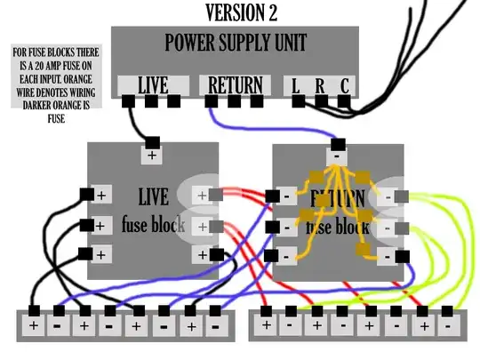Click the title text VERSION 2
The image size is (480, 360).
pos(240,12)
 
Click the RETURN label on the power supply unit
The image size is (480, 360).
pos(235,85)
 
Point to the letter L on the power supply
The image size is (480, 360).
pos(296,85)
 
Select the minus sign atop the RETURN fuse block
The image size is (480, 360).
pos(338,156)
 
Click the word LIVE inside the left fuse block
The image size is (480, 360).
pos(153,195)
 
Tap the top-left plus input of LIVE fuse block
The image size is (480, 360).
pos(101,195)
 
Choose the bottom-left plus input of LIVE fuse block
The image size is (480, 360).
pos(101,254)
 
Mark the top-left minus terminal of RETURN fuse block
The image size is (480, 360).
pos(287,196)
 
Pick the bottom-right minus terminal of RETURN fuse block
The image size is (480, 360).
pos(388,256)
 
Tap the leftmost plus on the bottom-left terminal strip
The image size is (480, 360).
pos(33,325)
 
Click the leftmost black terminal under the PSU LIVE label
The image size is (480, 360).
pos(129,101)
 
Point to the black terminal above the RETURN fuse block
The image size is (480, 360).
pos(338,142)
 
